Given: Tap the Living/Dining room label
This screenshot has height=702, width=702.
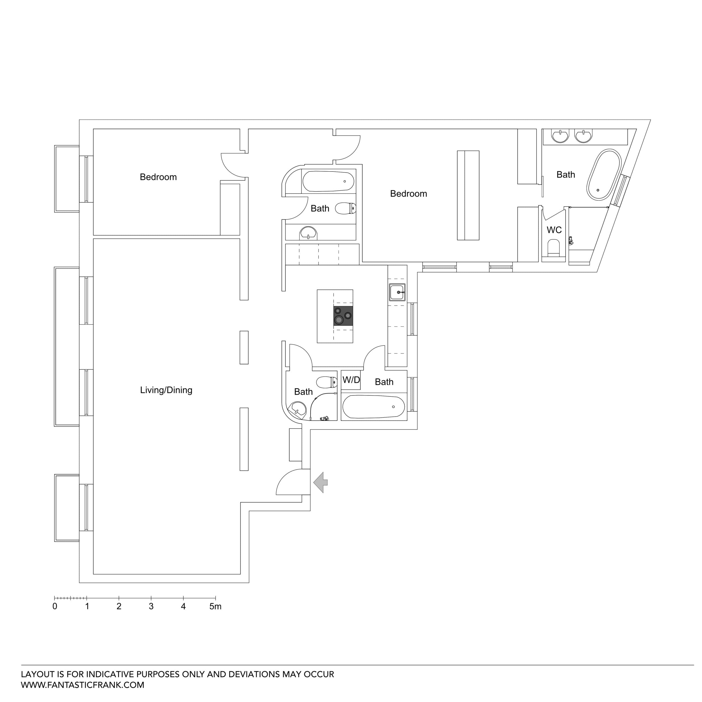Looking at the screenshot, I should pyautogui.click(x=166, y=390).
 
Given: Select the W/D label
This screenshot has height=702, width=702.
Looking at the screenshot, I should pyautogui.click(x=351, y=380).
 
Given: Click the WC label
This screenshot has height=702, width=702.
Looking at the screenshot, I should pyautogui.click(x=554, y=230).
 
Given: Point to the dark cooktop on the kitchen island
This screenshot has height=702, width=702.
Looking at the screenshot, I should pyautogui.click(x=343, y=316).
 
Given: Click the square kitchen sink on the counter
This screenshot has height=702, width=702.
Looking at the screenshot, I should pyautogui.click(x=397, y=292).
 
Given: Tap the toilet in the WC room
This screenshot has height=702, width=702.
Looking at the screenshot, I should pyautogui.click(x=553, y=248).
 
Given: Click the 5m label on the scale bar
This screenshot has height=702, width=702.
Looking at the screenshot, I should pyautogui.click(x=215, y=607).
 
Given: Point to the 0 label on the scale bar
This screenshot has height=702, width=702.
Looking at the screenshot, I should pyautogui.click(x=55, y=607).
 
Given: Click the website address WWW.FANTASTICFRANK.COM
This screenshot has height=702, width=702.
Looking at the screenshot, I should pyautogui.click(x=83, y=685).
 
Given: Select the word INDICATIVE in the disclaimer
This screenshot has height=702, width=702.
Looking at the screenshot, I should pyautogui.click(x=110, y=674).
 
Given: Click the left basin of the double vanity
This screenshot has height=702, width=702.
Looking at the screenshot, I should pyautogui.click(x=560, y=136).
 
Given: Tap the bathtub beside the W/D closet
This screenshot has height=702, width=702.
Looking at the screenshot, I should pyautogui.click(x=373, y=407).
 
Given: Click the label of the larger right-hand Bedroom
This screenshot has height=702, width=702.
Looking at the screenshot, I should pyautogui.click(x=408, y=194).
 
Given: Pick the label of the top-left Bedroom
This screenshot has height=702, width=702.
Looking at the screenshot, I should pyautogui.click(x=158, y=177).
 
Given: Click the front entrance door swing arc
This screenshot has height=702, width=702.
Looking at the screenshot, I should pyautogui.click(x=287, y=480).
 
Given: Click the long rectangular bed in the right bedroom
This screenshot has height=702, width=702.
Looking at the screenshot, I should pyautogui.click(x=468, y=195).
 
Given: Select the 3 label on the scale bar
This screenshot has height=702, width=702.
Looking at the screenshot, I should pyautogui.click(x=151, y=607).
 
